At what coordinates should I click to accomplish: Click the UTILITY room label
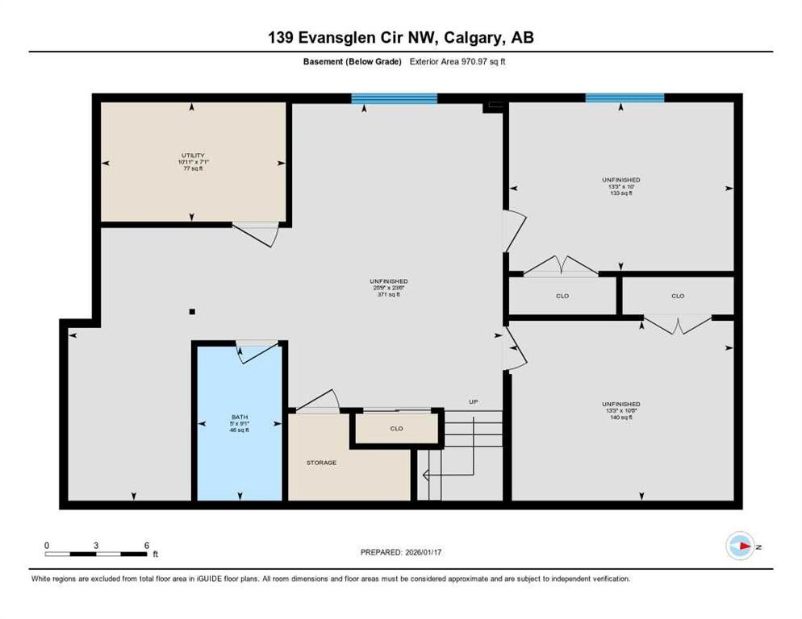point(192,156)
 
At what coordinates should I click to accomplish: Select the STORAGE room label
point(320,463)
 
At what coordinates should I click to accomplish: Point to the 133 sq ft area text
point(620,193)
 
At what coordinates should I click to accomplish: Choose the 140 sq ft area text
point(620,418)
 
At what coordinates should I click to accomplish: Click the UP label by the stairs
point(474,401)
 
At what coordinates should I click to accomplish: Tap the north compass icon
point(739,546)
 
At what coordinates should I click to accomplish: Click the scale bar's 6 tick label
point(146,546)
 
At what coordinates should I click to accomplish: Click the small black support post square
point(191,312)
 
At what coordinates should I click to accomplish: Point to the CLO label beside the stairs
point(396,428)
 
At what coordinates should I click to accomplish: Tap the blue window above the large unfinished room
point(394,99)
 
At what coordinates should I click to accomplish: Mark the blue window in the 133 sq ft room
point(624,98)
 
